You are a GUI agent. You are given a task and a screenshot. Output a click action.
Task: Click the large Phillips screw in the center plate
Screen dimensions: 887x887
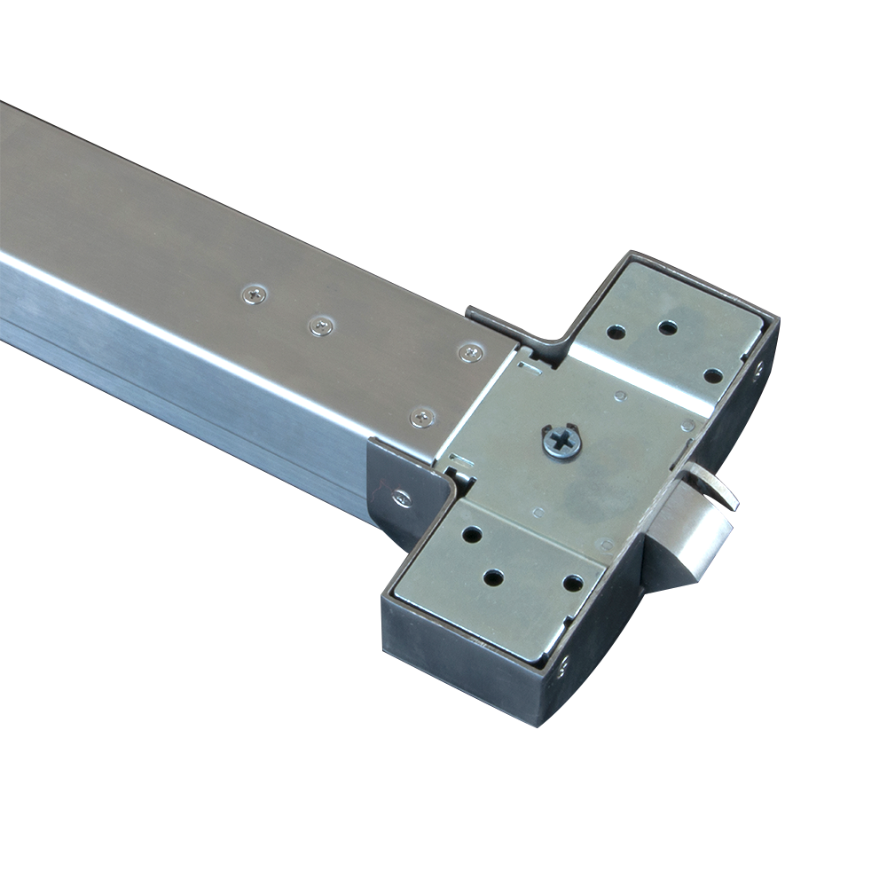click(x=561, y=442)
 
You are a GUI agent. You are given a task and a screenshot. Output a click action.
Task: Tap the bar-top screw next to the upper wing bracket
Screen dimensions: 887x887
click(x=469, y=353)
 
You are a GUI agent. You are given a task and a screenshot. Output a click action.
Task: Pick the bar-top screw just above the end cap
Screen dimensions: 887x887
click(x=423, y=416)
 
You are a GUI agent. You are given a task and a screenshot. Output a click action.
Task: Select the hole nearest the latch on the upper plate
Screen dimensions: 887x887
click(x=712, y=374)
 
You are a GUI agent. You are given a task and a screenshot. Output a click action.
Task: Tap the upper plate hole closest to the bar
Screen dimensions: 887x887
click(x=614, y=334)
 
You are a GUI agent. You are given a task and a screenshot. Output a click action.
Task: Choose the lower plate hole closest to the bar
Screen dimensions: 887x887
click(x=470, y=536)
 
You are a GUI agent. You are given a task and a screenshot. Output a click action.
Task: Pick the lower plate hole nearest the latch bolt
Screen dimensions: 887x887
click(x=573, y=585)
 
